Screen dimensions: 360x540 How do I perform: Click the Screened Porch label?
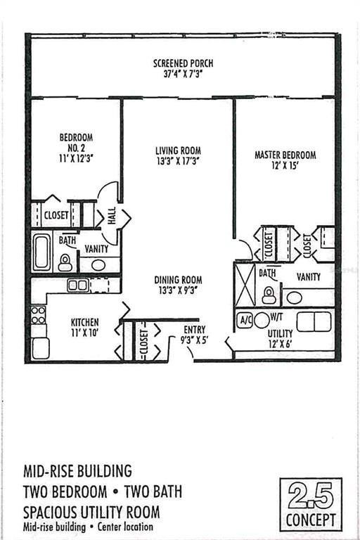[x=183, y=63]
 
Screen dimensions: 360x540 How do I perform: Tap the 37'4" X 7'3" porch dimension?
[x=183, y=74]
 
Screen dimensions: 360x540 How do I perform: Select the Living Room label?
[x=178, y=150]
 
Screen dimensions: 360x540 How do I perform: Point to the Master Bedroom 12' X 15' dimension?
[x=285, y=166]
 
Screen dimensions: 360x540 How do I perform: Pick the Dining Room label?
[x=178, y=280]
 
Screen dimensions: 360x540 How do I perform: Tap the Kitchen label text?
[x=85, y=322]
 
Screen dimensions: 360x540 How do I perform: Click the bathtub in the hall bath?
[x=42, y=252]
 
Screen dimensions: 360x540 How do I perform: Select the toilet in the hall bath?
[x=65, y=263]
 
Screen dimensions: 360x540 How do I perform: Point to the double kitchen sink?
[x=78, y=285]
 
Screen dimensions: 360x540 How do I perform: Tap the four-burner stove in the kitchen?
[x=38, y=315]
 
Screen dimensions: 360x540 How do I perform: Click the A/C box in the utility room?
[x=245, y=321]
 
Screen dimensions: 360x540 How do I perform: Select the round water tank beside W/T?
[x=262, y=320]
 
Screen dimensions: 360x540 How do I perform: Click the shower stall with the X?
[x=245, y=285]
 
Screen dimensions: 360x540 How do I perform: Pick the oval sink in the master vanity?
[x=295, y=298]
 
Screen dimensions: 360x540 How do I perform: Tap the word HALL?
[x=112, y=216]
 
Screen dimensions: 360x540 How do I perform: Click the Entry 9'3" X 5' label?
[x=194, y=335]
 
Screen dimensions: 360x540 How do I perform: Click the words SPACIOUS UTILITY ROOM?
[x=91, y=512]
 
